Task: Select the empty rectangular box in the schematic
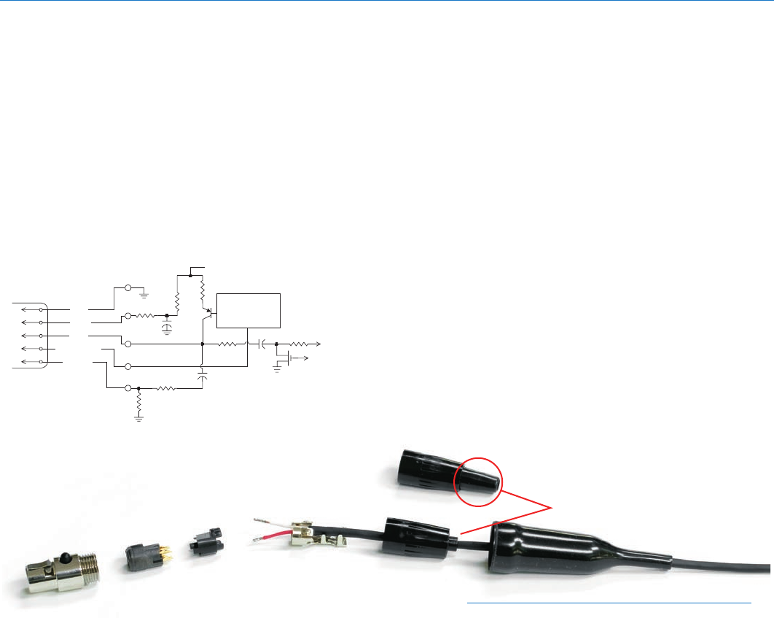(249, 310)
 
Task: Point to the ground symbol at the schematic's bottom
(138, 418)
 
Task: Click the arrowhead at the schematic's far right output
(318, 343)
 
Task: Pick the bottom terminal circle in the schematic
(128, 388)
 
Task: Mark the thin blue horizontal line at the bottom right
(609, 603)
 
